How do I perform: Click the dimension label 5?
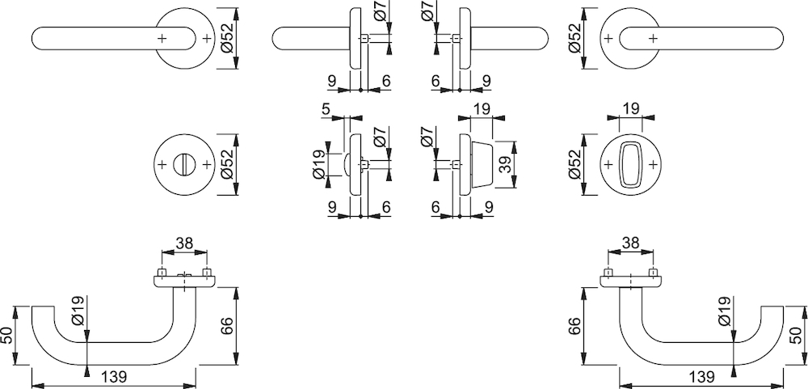(x=325, y=109)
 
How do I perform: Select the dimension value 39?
(x=506, y=165)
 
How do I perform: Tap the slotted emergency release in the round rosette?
(x=184, y=165)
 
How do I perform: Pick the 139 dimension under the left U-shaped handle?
(x=114, y=377)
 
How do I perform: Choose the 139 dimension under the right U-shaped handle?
(x=701, y=377)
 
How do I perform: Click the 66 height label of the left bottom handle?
(x=227, y=325)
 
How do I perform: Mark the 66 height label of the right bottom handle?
(x=574, y=326)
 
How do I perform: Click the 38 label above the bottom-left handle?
(x=184, y=243)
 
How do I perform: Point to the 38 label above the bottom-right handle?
(x=631, y=243)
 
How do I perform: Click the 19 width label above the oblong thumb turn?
(x=631, y=108)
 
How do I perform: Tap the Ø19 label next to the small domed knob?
(x=319, y=165)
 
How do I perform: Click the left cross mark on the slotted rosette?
(x=162, y=165)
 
